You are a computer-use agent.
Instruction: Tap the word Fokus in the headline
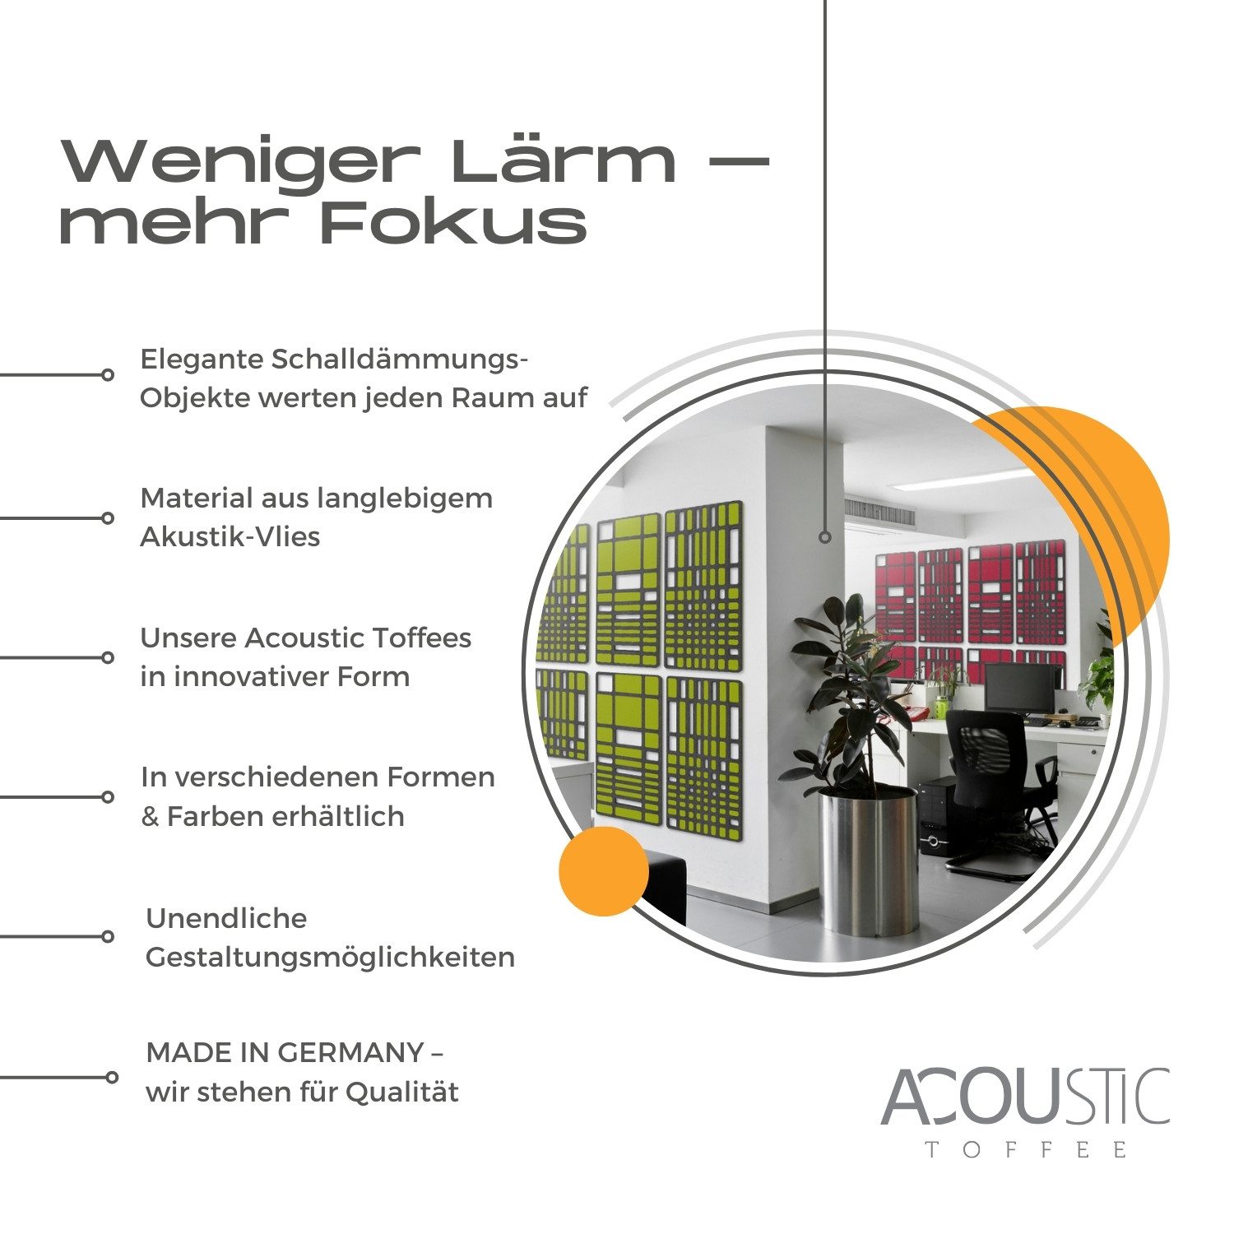coord(453,222)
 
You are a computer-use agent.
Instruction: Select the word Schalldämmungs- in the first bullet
coord(400,360)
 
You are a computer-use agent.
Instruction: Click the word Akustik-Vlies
coord(230,537)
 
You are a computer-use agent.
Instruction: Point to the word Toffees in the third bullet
coord(422,638)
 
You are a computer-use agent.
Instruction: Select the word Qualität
coord(402,1093)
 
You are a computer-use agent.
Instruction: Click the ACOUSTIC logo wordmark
coord(1025,1097)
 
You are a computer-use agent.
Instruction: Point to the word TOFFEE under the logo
coord(1026,1149)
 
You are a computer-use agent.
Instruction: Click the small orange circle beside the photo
coord(604,871)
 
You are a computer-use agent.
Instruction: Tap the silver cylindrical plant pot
coord(868,861)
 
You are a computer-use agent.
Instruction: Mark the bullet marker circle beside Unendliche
coord(108,936)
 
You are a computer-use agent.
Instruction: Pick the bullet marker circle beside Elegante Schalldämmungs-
coord(108,375)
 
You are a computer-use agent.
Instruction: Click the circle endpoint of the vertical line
coord(825,537)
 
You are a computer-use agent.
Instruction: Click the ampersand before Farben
coord(150,817)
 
